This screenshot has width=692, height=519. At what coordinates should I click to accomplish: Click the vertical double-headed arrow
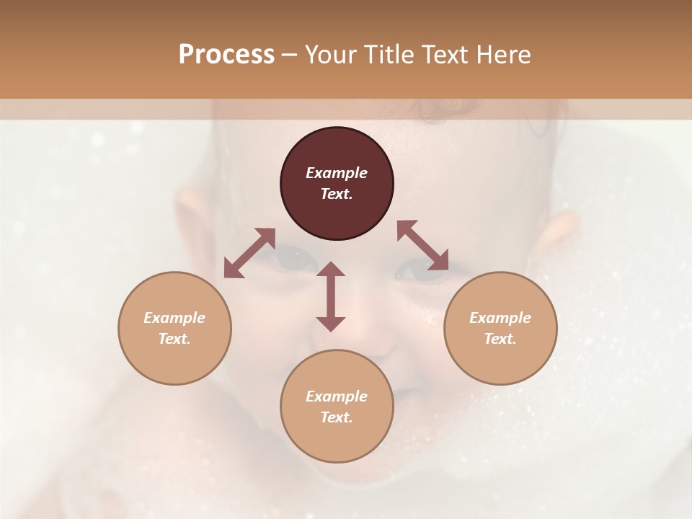click(x=331, y=296)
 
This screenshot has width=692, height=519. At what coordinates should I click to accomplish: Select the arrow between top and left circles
click(x=249, y=253)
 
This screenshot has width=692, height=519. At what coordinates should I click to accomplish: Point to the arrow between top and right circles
click(x=422, y=245)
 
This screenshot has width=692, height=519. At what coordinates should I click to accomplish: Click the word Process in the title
click(x=226, y=54)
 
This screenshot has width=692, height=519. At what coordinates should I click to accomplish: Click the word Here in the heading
click(x=504, y=54)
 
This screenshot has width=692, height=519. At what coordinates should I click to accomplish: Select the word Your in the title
click(x=329, y=54)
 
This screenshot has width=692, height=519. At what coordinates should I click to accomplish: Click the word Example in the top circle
click(x=337, y=173)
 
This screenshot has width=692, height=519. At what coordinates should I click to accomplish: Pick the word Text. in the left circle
click(x=174, y=339)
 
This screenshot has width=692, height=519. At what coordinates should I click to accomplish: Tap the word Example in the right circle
click(x=500, y=318)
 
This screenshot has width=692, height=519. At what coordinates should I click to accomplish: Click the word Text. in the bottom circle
click(x=337, y=417)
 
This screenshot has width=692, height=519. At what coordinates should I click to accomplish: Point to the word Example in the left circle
click(x=174, y=318)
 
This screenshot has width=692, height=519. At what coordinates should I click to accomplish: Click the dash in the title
click(x=289, y=55)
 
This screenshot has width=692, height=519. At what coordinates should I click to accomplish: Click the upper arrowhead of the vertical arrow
click(x=331, y=269)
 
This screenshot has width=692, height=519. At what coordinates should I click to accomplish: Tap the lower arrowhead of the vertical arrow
click(x=331, y=324)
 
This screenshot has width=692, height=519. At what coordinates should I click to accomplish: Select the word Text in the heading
click(x=444, y=54)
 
